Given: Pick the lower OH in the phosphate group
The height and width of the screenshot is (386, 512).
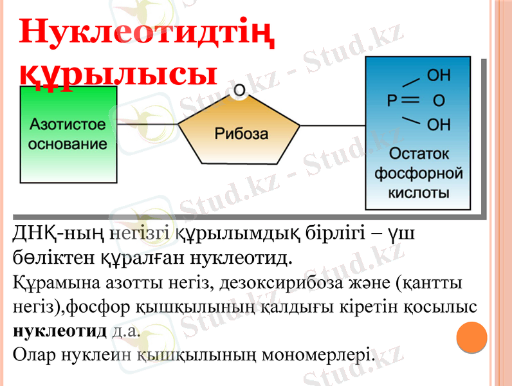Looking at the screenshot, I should click(439, 124).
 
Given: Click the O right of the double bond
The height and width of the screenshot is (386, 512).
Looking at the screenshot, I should click(439, 101).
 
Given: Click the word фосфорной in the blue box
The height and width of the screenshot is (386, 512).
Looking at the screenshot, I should click(418, 173).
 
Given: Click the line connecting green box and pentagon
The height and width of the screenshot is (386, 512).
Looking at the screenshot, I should click(147, 124).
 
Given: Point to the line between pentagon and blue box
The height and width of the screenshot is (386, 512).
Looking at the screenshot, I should click(333, 124).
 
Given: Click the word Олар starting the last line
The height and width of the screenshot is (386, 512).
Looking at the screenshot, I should click(34, 354).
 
